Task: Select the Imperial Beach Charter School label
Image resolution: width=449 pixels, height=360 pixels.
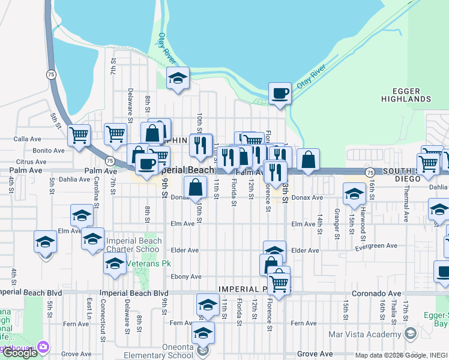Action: [134, 245]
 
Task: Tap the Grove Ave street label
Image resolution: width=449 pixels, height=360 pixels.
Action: [315, 354]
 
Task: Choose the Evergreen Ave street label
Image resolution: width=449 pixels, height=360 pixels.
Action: [376, 246]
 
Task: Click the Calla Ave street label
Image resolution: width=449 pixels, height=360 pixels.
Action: [27, 139]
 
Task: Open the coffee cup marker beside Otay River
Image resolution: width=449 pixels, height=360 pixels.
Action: [280, 94]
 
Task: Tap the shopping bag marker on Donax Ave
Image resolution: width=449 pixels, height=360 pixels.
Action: [196, 187]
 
